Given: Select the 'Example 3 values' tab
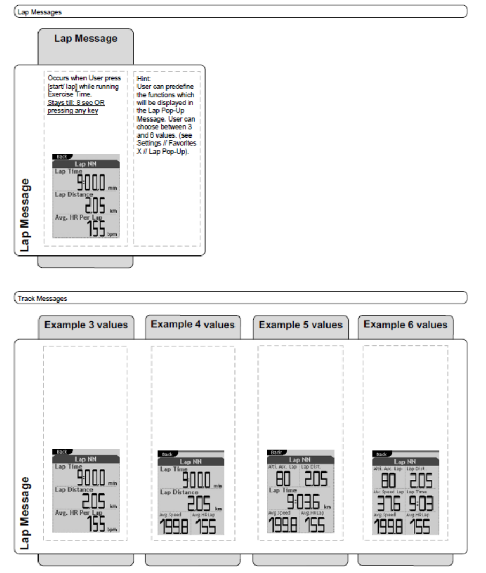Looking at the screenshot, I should pyautogui.click(x=86, y=325).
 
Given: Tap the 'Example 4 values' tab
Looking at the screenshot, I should pyautogui.click(x=193, y=325).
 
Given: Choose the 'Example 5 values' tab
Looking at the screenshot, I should pyautogui.click(x=300, y=325).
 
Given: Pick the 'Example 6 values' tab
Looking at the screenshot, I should pyautogui.click(x=405, y=325).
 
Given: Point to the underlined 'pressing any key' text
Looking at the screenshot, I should pyautogui.click(x=77, y=111).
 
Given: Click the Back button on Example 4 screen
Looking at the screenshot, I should pyautogui.click(x=168, y=454).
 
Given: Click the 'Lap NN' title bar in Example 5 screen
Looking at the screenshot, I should pyautogui.click(x=300, y=459).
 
